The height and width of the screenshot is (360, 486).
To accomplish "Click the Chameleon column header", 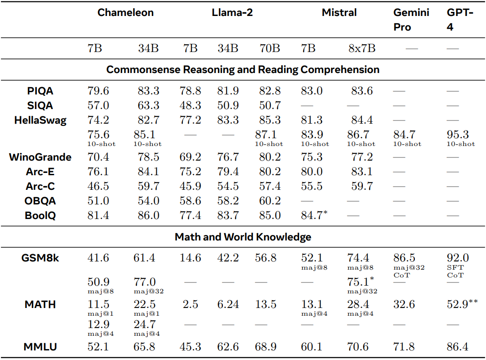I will pos(125,12).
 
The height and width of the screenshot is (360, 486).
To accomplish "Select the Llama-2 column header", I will pos(232,12).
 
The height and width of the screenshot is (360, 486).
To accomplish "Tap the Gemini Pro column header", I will pos(411,20).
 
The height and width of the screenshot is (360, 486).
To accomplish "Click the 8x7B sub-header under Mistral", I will pos(362,48).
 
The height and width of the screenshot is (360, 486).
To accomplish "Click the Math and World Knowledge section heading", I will pos(243,237).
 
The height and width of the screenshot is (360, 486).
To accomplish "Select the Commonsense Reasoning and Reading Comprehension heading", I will pos(243,70).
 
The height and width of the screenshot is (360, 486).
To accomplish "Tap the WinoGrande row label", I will pos(40,157).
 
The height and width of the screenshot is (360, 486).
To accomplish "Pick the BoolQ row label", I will pos(40,215).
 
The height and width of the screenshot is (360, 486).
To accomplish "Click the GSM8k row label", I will pos(40,258).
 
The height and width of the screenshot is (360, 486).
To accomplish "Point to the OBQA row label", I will pos(40,201).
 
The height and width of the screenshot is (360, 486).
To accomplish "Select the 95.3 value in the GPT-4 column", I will pos(458,135).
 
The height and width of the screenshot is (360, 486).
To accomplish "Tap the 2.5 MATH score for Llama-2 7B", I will pos(190,304).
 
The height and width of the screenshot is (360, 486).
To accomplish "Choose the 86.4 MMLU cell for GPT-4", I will pos(458,347).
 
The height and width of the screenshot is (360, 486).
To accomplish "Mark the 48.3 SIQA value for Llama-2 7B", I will pos(190,106).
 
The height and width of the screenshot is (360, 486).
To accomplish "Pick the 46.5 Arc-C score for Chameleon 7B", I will pos(98,187).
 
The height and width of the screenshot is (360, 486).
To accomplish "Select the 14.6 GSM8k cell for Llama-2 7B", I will pos(190,258).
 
